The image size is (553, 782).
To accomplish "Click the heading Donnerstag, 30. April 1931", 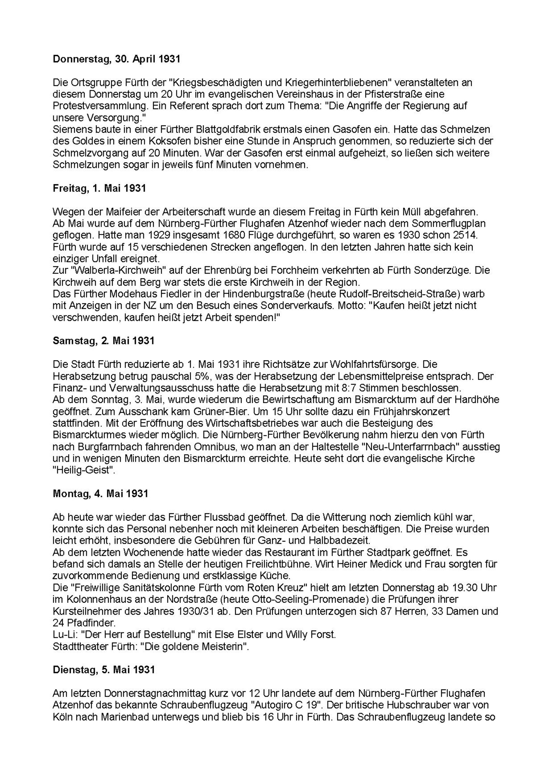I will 116,59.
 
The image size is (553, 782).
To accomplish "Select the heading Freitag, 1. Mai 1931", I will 99,188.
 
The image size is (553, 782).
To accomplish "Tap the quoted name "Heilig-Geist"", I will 84,470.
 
